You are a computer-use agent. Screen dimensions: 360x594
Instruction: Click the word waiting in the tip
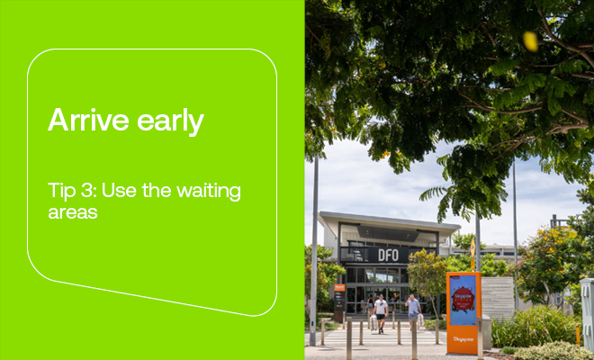(x=209, y=191)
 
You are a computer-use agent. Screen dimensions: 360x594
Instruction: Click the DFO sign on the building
(x=387, y=255)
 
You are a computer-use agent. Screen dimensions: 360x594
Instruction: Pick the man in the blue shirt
(x=413, y=310)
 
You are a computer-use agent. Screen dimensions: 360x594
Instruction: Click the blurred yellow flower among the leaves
(x=531, y=40)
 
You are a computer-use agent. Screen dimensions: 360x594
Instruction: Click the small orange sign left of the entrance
(x=338, y=289)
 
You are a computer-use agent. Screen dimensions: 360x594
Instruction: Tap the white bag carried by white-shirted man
(x=373, y=321)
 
